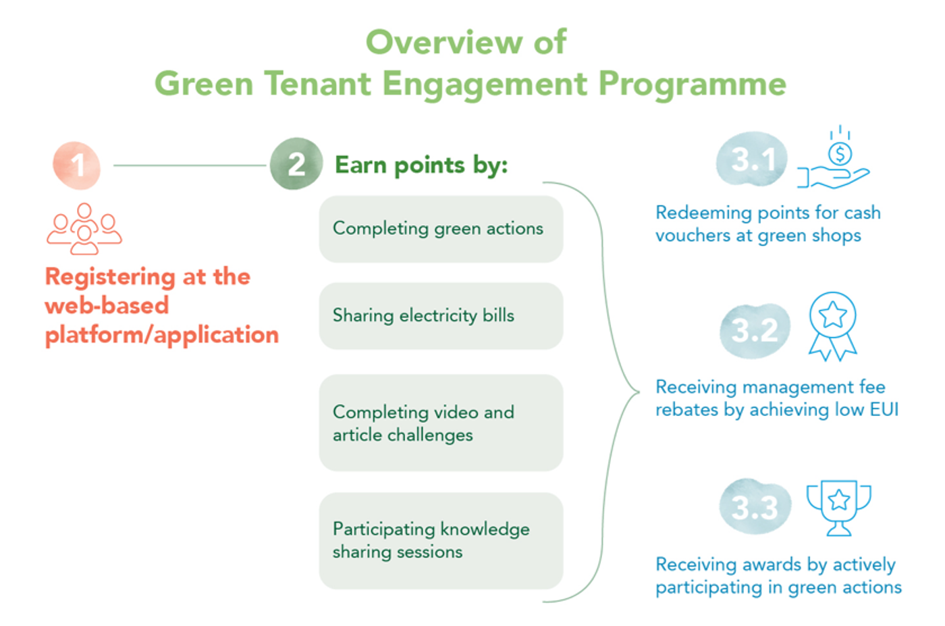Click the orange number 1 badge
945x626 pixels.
pyautogui.click(x=77, y=165)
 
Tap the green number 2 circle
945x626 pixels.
pyautogui.click(x=296, y=164)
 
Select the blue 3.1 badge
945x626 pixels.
pyautogui.click(x=752, y=159)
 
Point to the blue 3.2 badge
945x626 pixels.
pyautogui.click(x=755, y=330)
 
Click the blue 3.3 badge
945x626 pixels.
pyautogui.click(x=755, y=507)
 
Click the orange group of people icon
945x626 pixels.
pyautogui.click(x=84, y=229)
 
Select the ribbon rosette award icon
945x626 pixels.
pyautogui.click(x=833, y=327)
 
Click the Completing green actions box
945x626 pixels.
pyautogui.click(x=441, y=229)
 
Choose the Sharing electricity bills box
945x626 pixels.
pyautogui.click(x=441, y=316)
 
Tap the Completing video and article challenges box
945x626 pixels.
pyautogui.click(x=441, y=423)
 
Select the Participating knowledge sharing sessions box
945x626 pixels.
pyautogui.click(x=441, y=540)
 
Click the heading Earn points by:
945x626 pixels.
pyautogui.click(x=421, y=165)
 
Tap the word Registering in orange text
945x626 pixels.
pyautogui.click(x=110, y=278)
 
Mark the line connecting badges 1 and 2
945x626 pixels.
pyautogui.click(x=190, y=165)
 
